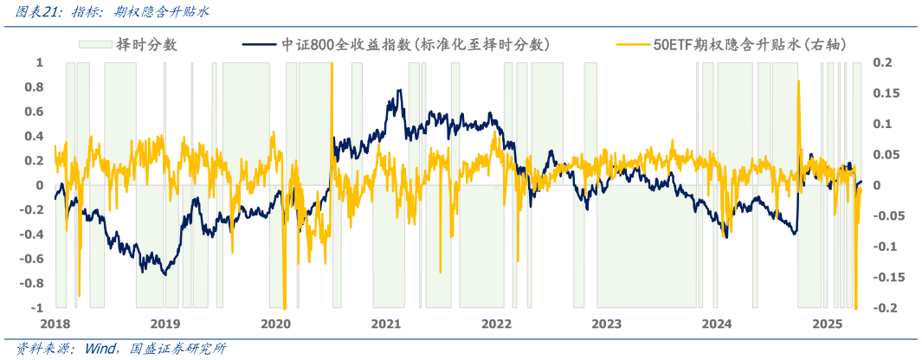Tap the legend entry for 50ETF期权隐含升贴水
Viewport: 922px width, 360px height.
pos(749,44)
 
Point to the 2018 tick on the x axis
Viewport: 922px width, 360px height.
pos(55,324)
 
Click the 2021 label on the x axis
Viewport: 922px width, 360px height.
pos(386,324)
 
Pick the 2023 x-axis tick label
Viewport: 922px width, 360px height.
pos(607,324)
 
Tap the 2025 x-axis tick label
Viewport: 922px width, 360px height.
pos(828,324)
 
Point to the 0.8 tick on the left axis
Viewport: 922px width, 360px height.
pos(35,87)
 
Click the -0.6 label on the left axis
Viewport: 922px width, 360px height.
pos(32,259)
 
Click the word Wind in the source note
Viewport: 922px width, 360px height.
pos(103,349)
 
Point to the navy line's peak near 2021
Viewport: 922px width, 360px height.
pos(398,90)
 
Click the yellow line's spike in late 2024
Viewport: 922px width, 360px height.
pos(798,81)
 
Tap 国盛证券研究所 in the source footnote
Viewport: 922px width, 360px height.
pos(177,349)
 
